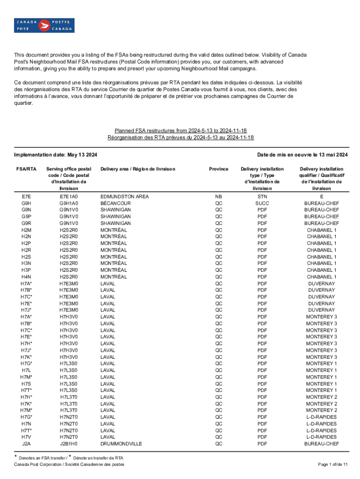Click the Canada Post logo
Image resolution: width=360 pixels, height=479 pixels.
pyautogui.click(x=45, y=25)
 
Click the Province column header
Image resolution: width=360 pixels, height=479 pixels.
pyautogui.click(x=218, y=169)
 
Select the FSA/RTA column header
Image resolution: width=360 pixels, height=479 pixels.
pyautogui.click(x=26, y=169)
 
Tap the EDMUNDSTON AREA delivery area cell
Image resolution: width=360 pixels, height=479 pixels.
pyautogui.click(x=125, y=197)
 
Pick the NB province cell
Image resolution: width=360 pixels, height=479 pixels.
pyautogui.click(x=218, y=197)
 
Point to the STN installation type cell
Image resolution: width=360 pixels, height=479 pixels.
pyautogui.click(x=262, y=197)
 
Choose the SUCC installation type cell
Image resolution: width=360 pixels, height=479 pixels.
pyautogui.click(x=262, y=203)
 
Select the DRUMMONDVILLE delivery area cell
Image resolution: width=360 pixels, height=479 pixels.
pyautogui.click(x=121, y=443)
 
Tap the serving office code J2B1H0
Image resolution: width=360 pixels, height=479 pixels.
pyautogui.click(x=69, y=443)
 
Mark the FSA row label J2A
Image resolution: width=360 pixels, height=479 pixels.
pyautogui.click(x=26, y=443)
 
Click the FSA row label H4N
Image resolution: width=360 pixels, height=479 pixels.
pyautogui.click(x=26, y=277)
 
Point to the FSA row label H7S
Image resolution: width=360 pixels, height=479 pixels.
pyautogui.click(x=26, y=384)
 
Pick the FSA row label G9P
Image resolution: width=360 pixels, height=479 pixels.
pyautogui.click(x=26, y=217)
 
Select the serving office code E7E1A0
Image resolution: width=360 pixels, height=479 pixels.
pyautogui.click(x=69, y=197)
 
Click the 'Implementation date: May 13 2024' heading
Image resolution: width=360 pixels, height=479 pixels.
pyautogui.click(x=58, y=155)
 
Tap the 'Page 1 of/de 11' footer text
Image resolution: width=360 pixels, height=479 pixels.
pyautogui.click(x=332, y=464)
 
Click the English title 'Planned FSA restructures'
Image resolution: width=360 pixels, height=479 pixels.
pyautogui.click(x=180, y=131)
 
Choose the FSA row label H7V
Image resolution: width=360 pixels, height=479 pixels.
pyautogui.click(x=26, y=437)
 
